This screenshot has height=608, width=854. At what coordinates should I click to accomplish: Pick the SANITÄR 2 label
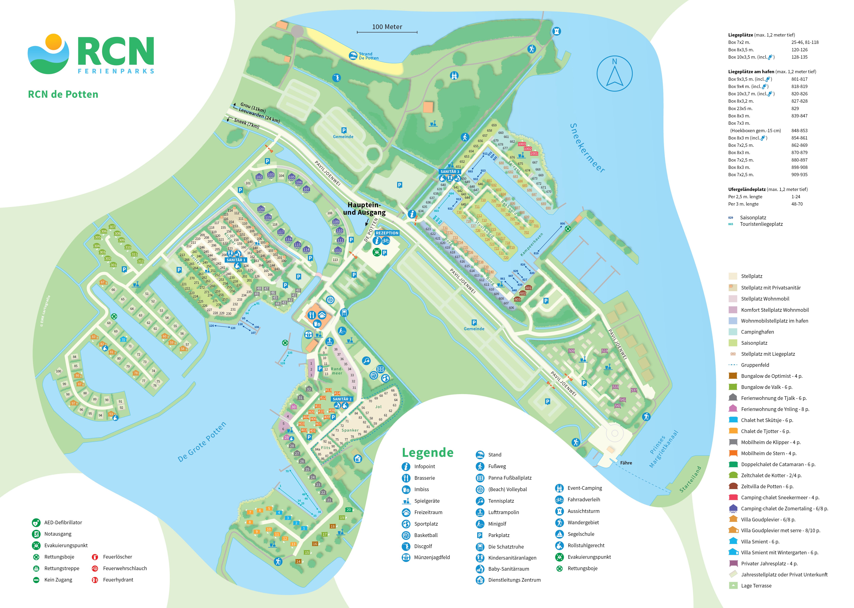coord(342,399)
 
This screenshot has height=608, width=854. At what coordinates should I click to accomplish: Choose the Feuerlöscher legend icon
coord(95,557)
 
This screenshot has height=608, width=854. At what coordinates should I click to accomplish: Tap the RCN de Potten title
coord(63,94)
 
